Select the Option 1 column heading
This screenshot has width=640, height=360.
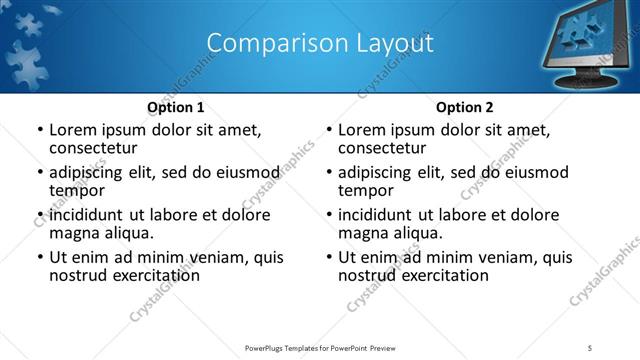tap(176, 107)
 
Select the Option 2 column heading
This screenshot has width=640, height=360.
tap(465, 107)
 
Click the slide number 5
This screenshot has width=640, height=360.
tap(591, 346)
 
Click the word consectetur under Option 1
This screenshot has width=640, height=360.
tap(93, 148)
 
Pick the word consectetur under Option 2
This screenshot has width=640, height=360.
tap(382, 148)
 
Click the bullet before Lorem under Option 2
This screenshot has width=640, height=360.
tap(328, 130)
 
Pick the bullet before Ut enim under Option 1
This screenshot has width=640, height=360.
tap(39, 257)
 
